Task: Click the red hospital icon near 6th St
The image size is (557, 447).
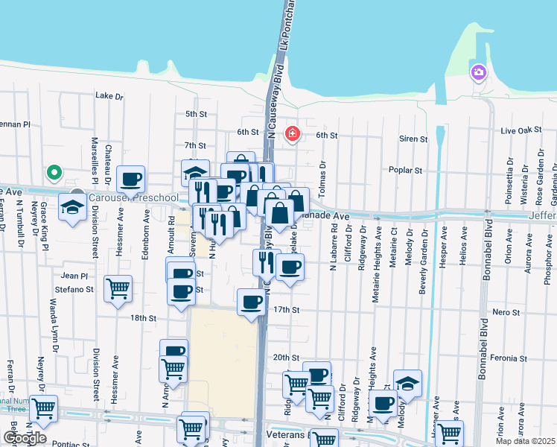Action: click(293, 134)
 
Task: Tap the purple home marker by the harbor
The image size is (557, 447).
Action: click(477, 73)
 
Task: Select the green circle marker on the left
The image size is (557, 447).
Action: click(54, 173)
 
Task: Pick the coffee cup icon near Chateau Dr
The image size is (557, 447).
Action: click(131, 179)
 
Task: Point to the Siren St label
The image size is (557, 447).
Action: click(413, 139)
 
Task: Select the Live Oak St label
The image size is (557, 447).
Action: click(521, 131)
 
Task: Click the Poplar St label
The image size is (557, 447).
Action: click(407, 170)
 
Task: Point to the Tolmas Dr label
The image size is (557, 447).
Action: click(322, 179)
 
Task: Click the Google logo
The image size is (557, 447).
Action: click(25, 438)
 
